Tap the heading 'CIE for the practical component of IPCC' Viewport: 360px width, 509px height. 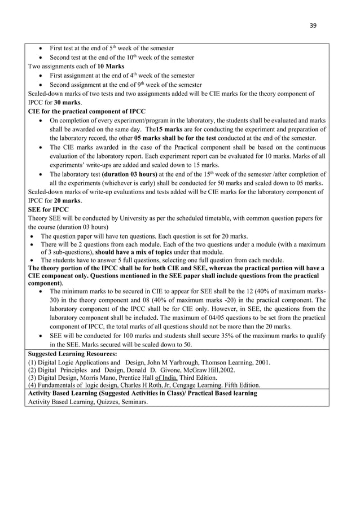tap(80, 112)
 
